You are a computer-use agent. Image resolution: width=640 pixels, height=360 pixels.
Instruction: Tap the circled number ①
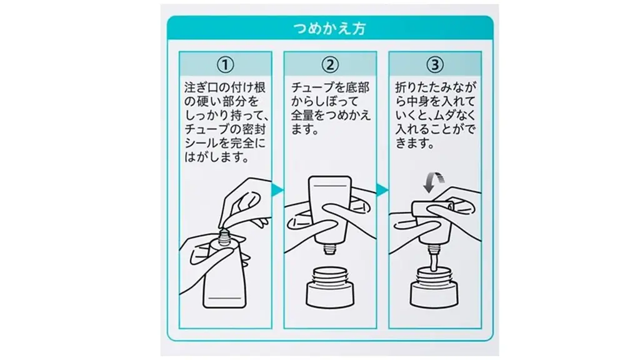pos(225,64)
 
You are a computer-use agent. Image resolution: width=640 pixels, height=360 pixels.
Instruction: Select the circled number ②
pos(330,64)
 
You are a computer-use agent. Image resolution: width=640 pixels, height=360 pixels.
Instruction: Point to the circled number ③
pos(435,64)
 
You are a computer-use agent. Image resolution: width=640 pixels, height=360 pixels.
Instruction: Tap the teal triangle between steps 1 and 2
pos(277,189)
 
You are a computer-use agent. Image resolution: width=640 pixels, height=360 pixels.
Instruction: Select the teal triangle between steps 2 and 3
pos(381,189)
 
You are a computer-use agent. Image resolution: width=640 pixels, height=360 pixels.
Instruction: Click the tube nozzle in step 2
pos(330,249)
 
